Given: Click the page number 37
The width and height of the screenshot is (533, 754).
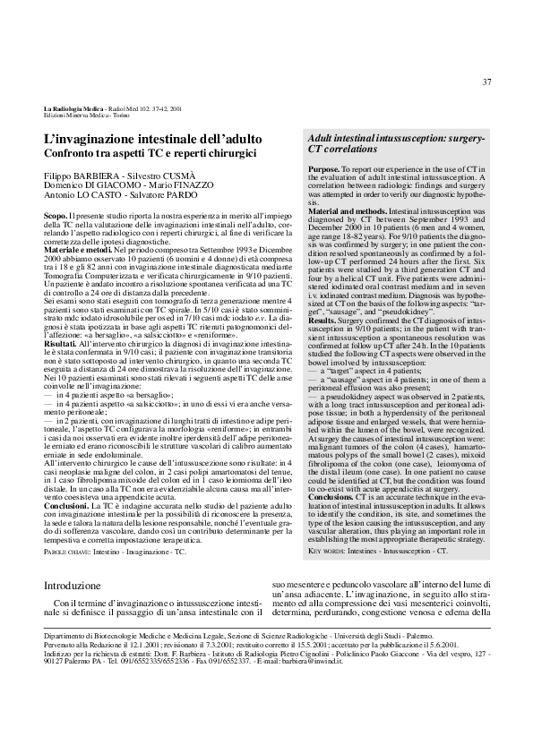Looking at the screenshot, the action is [487, 82].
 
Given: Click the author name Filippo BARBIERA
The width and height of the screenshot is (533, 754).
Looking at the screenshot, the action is [82, 176].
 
